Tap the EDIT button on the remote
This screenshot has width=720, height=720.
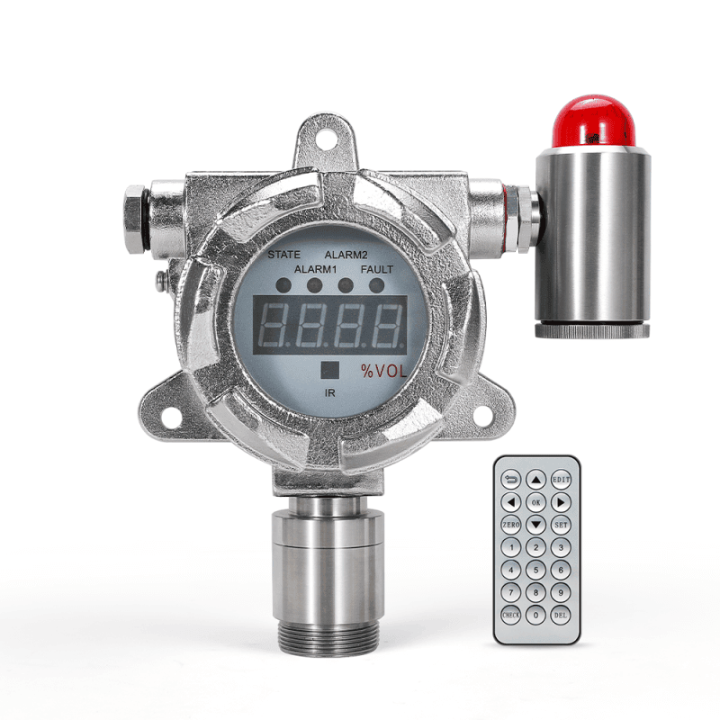[562, 480]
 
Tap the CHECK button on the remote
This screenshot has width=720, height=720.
[511, 615]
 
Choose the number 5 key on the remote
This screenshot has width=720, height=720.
[536, 569]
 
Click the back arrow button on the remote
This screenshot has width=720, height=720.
[511, 480]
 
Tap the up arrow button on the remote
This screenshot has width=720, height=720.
[536, 480]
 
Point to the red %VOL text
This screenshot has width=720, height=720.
[385, 370]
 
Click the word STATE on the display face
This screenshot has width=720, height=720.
[283, 255]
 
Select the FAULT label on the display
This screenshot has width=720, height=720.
[376, 269]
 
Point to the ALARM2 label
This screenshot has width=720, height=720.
[346, 255]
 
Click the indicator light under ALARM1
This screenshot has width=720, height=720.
[314, 286]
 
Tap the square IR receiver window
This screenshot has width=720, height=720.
[330, 369]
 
